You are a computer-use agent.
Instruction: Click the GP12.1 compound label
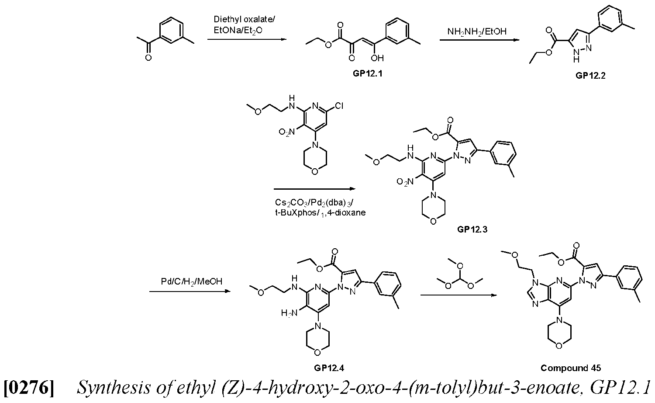pyautogui.click(x=367, y=73)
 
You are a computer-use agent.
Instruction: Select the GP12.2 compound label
pyautogui.click(x=590, y=76)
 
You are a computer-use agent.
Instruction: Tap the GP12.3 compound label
pyautogui.click(x=472, y=229)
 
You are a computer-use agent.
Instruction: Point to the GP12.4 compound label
pyautogui.click(x=329, y=368)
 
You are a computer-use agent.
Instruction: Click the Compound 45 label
pyautogui.click(x=570, y=368)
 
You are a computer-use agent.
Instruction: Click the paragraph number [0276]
pyautogui.click(x=29, y=388)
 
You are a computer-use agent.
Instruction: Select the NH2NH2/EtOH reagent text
pyautogui.click(x=477, y=31)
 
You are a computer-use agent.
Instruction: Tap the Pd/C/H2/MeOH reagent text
pyautogui.click(x=192, y=281)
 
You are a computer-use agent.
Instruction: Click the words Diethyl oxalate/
pyautogui.click(x=244, y=19)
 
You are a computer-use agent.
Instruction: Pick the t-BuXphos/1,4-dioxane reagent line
pyautogui.click(x=320, y=212)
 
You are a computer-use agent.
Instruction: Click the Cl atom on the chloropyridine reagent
pyautogui.click(x=339, y=106)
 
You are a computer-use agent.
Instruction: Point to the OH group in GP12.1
pyautogui.click(x=377, y=58)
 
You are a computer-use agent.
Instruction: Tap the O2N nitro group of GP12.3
pyautogui.click(x=405, y=182)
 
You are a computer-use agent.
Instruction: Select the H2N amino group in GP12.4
pyautogui.click(x=289, y=313)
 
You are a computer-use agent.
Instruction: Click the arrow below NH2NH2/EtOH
pyautogui.click(x=479, y=40)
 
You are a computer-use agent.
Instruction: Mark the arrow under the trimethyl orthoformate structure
pyautogui.click(x=458, y=295)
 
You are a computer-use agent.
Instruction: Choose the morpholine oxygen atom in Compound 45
pyautogui.click(x=559, y=346)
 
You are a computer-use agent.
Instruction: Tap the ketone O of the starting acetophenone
pyautogui.click(x=148, y=58)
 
